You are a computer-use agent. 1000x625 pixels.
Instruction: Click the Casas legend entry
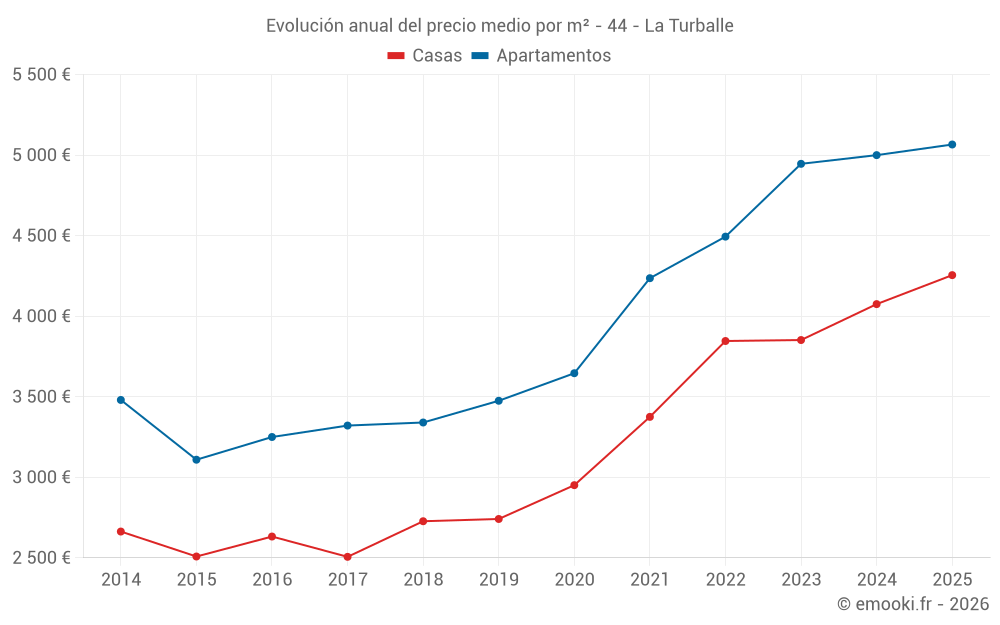point(425,56)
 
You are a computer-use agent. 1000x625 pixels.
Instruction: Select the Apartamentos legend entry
point(540,56)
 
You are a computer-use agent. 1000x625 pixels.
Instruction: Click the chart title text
point(499,26)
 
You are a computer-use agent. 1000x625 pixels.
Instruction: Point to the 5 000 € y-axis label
point(41,155)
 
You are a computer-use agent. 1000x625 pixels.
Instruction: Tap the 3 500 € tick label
point(41,396)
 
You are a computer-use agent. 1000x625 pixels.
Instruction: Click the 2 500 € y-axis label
point(41,557)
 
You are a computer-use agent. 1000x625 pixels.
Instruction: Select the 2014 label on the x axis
point(121,579)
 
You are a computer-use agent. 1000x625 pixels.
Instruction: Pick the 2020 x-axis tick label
point(574,579)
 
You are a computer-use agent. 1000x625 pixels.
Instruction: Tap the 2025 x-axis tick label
point(951,579)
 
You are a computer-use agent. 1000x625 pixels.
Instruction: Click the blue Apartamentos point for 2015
point(196,460)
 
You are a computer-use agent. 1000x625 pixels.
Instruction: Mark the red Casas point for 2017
point(347,557)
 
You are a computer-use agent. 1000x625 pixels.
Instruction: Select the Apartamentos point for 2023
point(801,164)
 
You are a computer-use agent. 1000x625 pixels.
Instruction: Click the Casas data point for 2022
point(725,341)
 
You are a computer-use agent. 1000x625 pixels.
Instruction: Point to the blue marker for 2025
point(952,145)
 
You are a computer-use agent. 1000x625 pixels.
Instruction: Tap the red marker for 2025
point(952,275)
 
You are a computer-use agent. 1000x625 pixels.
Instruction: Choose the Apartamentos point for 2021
point(650,278)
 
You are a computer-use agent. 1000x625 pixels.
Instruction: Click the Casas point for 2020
point(574,485)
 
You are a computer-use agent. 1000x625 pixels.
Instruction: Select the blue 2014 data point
point(121,400)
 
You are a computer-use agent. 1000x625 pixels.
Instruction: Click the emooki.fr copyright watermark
point(912,604)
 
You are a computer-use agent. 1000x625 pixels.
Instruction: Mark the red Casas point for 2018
point(423,521)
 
